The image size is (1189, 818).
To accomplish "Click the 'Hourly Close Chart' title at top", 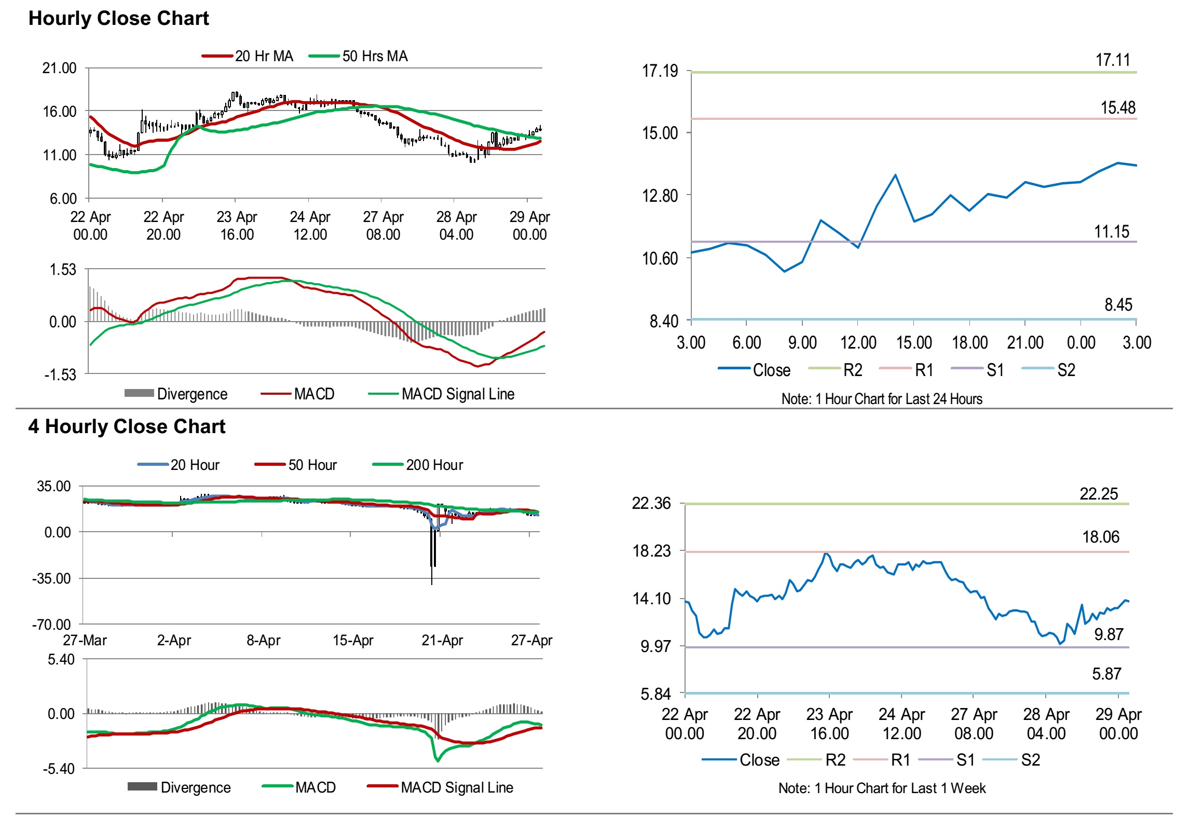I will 118,18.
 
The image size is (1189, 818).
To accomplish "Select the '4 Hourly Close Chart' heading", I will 127,426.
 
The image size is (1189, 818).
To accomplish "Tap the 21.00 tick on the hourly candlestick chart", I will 59,68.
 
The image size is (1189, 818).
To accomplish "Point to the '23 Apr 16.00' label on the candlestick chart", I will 237,226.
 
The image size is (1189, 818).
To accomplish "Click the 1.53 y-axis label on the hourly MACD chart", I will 63,270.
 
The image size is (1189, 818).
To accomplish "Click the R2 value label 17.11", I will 1112,60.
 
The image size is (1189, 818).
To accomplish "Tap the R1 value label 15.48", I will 1118,108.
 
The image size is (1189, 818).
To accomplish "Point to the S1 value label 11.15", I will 1111,232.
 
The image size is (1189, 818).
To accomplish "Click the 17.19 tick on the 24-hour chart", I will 660,71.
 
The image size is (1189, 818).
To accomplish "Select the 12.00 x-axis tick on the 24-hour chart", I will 858,343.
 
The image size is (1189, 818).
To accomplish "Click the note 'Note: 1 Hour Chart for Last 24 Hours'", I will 882,399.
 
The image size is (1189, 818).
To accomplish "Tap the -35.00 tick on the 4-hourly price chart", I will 51,578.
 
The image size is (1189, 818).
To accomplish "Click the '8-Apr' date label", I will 263,640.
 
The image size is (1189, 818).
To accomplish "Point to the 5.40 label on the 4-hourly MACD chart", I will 61,659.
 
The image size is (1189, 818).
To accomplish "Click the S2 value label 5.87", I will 1106,674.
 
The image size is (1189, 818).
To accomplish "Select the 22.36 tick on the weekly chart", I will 651,503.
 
